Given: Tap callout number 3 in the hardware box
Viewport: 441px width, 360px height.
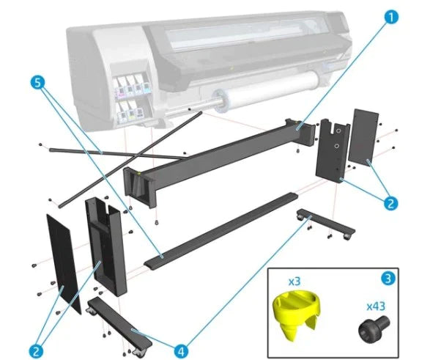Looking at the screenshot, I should (x=386, y=279).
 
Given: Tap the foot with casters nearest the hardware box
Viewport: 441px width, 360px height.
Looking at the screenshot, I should (x=322, y=223).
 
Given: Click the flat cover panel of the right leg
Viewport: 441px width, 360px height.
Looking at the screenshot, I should (x=365, y=136).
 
